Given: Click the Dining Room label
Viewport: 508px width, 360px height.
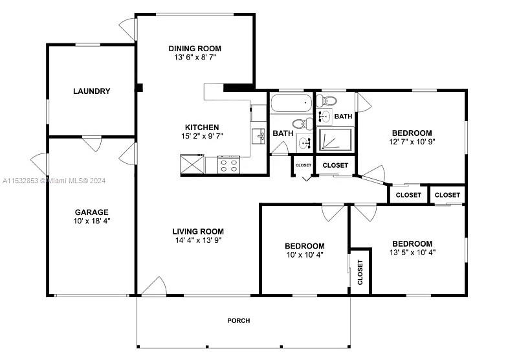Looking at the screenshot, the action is pos(195,49).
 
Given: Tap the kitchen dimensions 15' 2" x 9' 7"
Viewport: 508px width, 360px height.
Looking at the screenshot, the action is pos(202,136).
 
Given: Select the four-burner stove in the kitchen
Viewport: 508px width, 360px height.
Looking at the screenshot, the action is pos(228,164).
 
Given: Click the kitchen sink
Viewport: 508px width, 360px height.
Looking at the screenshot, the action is pos(259,136).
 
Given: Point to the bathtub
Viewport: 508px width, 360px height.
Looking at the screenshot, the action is pos(291,103).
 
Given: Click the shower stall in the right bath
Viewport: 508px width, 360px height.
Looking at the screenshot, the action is pos(335,140).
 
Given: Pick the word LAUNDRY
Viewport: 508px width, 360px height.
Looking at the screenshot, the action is pos(92,91).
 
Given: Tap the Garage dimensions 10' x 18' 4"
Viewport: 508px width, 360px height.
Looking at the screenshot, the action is pos(92,221).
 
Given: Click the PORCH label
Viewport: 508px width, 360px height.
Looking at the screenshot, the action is pos(239,321).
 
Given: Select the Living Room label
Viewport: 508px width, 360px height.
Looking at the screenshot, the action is pos(198,231).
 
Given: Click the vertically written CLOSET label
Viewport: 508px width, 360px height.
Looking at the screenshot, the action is pos(360,272).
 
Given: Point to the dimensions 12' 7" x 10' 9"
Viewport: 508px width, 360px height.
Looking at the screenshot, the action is pos(412,142).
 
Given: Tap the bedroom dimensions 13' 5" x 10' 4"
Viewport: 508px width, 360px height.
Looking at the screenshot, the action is pos(412,253).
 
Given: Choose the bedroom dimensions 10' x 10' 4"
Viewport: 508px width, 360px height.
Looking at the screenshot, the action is pos(305,254).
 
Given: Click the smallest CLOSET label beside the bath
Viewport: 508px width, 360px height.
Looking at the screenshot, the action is pos(304,165).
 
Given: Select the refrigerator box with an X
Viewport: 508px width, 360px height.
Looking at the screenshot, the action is pos(192,164).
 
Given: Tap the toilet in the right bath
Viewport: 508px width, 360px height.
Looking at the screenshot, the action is pos(327,101).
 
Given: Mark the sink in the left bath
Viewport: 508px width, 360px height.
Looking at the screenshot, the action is pos(305,142).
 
